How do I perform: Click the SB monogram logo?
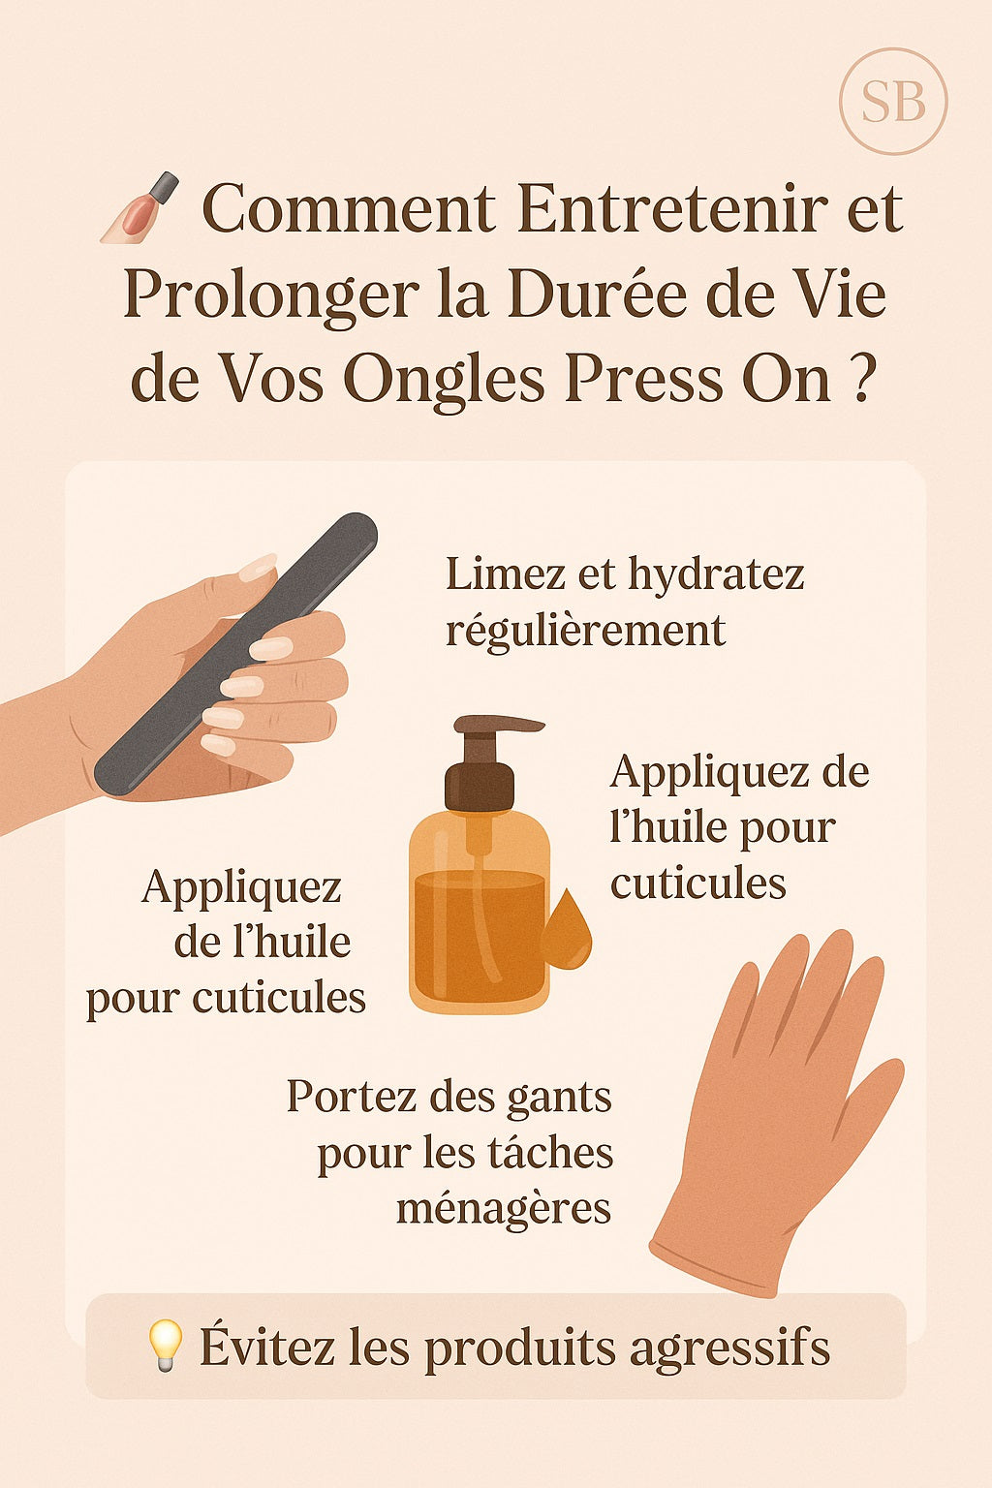click(x=893, y=103)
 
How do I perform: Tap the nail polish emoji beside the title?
click(x=139, y=208)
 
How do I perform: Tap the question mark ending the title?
click(x=860, y=380)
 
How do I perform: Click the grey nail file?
click(x=235, y=653)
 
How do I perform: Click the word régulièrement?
click(x=585, y=630)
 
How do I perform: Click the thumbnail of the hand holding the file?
click(x=258, y=568)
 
